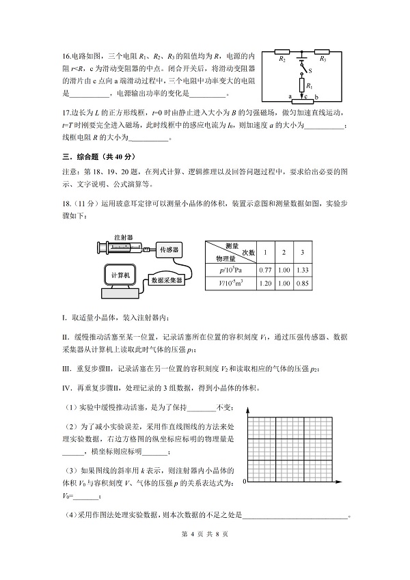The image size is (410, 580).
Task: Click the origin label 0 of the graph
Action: [x=243, y=483]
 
